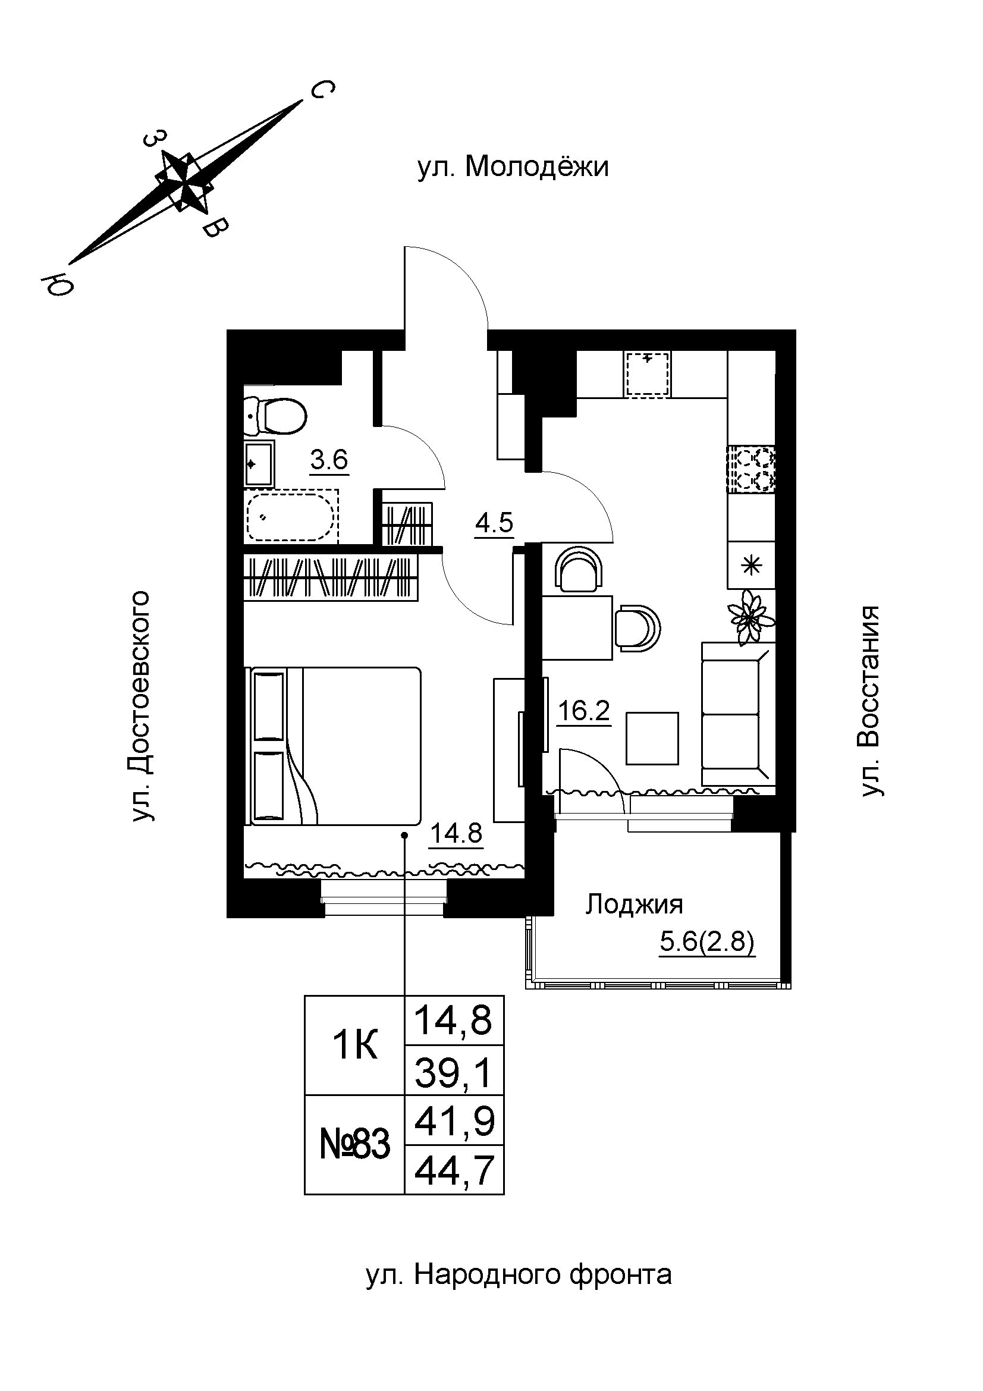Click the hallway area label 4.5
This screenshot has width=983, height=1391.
coord(494,522)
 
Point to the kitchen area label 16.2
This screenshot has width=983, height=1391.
coord(583,711)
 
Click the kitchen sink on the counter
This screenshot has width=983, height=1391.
coord(648,375)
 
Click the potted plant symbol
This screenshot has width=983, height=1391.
coord(751,616)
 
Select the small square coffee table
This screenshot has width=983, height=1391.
coord(652,738)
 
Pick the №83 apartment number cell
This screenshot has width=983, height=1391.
coord(354,1144)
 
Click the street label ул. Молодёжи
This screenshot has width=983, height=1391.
coord(513,167)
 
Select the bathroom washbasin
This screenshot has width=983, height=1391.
coord(259,463)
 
